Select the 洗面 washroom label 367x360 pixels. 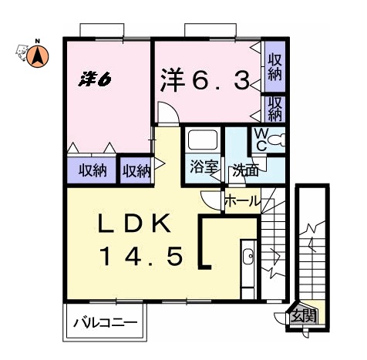pyautogui.click(x=245, y=170)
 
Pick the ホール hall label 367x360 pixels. pyautogui.click(x=241, y=202)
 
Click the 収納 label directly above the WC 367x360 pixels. pyautogui.click(x=274, y=109)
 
